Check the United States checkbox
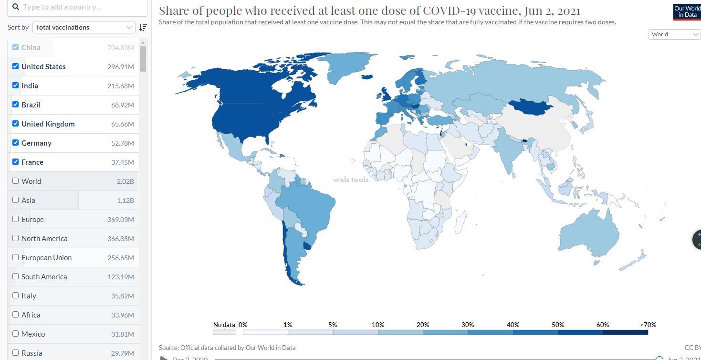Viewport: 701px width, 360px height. (x=16, y=66)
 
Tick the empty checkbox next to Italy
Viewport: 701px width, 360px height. (x=16, y=296)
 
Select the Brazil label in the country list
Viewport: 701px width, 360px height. (x=31, y=105)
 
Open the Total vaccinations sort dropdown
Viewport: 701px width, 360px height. (x=84, y=27)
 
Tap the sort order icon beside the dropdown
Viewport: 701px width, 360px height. (x=143, y=27)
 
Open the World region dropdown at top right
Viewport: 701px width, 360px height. (x=674, y=34)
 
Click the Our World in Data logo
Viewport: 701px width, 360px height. (x=687, y=11)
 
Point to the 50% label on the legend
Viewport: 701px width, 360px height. (x=558, y=325)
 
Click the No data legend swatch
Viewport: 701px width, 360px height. (x=224, y=332)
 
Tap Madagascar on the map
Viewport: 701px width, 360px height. (x=460, y=222)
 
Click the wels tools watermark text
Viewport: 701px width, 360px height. (x=351, y=180)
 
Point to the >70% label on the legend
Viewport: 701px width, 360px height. (x=648, y=325)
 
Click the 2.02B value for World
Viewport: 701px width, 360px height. (x=126, y=181)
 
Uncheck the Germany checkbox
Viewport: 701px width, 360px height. (x=16, y=143)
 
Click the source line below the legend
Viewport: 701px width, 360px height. (x=227, y=348)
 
